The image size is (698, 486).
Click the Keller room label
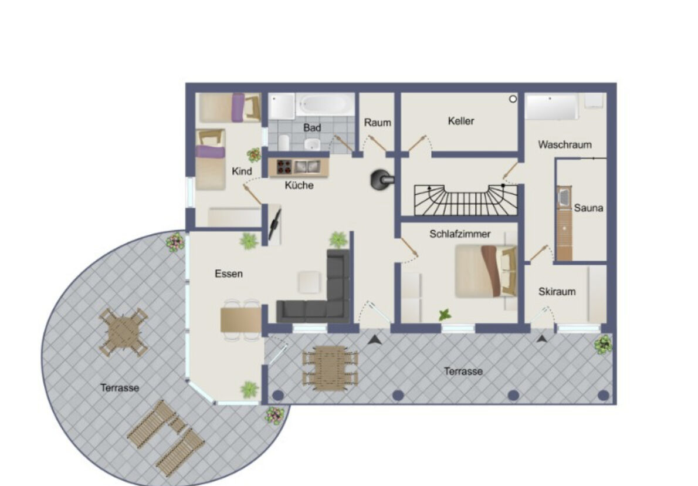[x=460, y=121]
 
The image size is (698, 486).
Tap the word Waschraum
[x=564, y=144]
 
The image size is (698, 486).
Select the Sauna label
[x=588, y=208]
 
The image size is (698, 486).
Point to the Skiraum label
[x=557, y=291]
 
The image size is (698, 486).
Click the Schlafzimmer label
[x=460, y=234]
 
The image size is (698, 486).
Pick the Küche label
[x=299, y=185]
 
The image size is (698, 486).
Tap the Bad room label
[x=311, y=127]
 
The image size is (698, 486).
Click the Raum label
[x=378, y=122]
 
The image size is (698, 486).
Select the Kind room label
[x=242, y=171]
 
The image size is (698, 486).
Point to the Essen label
[x=229, y=274]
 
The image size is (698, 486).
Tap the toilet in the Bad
[x=313, y=143]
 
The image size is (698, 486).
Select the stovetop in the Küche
[x=284, y=167]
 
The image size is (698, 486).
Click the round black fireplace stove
[x=381, y=180]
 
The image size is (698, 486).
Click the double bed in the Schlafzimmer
[x=486, y=271]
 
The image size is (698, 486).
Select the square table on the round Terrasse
[x=123, y=332]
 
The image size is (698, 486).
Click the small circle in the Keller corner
[x=513, y=99]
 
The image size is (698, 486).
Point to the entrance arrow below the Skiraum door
[x=542, y=339]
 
